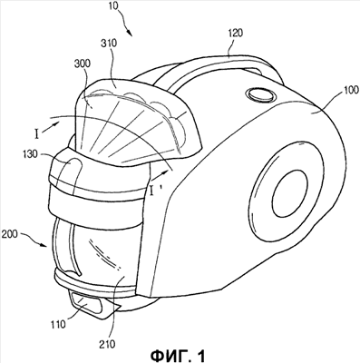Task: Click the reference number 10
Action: tap(114, 6)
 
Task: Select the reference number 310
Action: tap(108, 43)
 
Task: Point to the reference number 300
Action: tap(82, 64)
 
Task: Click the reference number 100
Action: tap(350, 90)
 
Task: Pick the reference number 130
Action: tap(29, 154)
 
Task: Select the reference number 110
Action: tap(58, 325)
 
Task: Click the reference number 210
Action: tap(107, 344)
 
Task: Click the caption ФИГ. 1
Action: tap(179, 356)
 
